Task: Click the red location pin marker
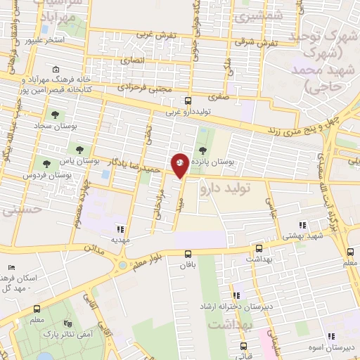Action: [180, 165]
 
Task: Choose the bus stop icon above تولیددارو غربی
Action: [187, 101]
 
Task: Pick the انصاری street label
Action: [134, 61]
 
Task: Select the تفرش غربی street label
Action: [153, 33]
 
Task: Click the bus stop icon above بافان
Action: [187, 255]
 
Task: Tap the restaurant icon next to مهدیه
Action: [120, 229]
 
